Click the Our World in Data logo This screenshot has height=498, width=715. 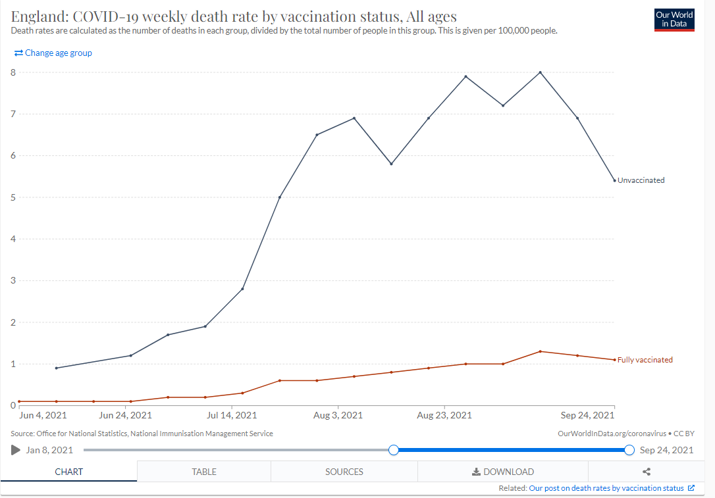pyautogui.click(x=674, y=20)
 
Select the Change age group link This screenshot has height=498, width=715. pyautogui.click(x=53, y=53)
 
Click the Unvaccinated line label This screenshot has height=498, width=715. pyautogui.click(x=641, y=180)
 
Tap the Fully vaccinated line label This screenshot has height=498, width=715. pyautogui.click(x=645, y=360)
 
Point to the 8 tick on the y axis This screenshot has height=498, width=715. pyautogui.click(x=13, y=72)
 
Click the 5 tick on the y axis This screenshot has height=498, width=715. pyautogui.click(x=13, y=197)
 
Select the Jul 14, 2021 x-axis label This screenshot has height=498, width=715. pyautogui.click(x=232, y=415)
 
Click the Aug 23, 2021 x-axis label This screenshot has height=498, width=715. pyautogui.click(x=444, y=415)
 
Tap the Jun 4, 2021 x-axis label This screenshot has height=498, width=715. pyautogui.click(x=43, y=415)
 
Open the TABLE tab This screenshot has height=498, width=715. pyautogui.click(x=204, y=472)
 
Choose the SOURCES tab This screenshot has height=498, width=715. pyautogui.click(x=344, y=472)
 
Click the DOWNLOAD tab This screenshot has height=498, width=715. pyautogui.click(x=503, y=472)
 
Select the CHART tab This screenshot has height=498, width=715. pyautogui.click(x=68, y=472)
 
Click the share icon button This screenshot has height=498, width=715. pyautogui.click(x=647, y=472)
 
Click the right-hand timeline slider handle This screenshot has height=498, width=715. pyautogui.click(x=629, y=450)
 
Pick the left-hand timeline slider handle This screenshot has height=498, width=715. pyautogui.click(x=394, y=450)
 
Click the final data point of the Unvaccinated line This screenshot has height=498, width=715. pyautogui.click(x=614, y=180)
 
